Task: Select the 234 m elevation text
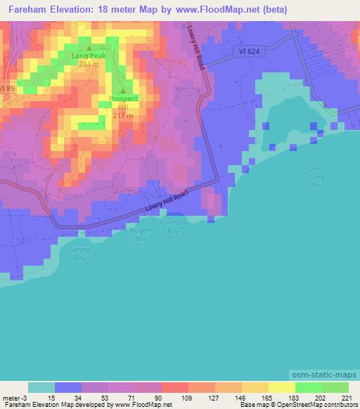89,63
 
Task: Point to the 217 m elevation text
124,116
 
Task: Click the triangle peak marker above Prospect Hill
124,90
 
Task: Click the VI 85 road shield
6,88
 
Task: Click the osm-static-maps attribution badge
324,376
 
